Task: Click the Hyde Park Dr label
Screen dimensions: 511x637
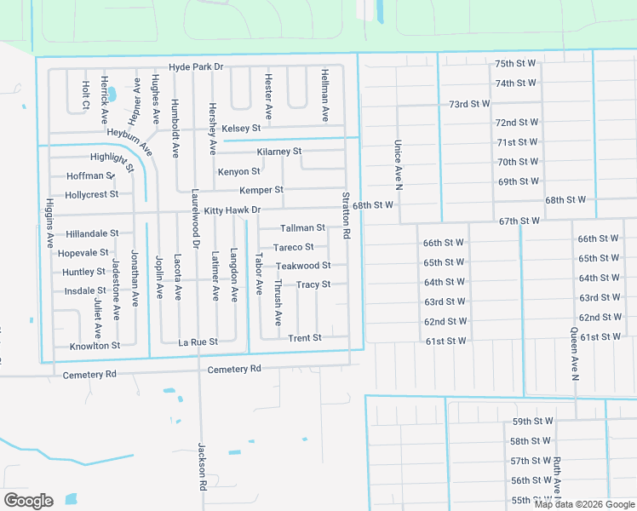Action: point(195,66)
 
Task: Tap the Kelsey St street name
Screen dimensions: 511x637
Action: point(240,129)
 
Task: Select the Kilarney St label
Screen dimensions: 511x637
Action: point(278,152)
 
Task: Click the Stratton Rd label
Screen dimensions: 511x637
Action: point(346,215)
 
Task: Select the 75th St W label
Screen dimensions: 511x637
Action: point(515,64)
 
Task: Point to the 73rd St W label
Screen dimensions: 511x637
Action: point(469,104)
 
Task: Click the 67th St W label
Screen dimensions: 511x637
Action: point(519,221)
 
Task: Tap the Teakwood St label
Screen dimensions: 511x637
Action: point(297,266)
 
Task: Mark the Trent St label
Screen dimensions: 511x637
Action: point(304,338)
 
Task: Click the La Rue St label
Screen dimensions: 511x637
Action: point(198,342)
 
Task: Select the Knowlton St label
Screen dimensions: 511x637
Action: point(95,346)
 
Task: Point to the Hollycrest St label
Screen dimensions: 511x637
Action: point(91,194)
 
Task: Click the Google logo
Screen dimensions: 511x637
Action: point(28,501)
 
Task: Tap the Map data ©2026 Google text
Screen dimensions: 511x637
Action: point(583,504)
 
